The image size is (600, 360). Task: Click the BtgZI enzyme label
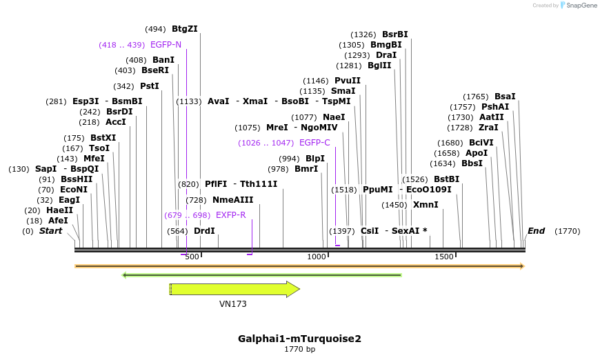tap(184, 29)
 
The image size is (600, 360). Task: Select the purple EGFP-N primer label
tap(166, 45)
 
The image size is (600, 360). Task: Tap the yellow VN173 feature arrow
tap(234, 289)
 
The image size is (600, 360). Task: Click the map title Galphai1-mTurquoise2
tap(299, 339)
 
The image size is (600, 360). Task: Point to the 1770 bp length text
tap(299, 350)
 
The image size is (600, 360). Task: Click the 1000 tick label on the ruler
tap(317, 257)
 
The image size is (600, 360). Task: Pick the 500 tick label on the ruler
tap(192, 257)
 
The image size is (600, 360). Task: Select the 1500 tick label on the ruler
tap(444, 257)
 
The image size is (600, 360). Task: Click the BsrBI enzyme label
tap(394, 34)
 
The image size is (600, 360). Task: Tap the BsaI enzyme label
tap(505, 97)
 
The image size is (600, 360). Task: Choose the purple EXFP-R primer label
tap(230, 215)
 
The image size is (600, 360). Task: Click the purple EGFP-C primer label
tap(314, 143)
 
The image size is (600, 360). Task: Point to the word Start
tap(50, 231)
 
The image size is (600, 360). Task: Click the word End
tap(536, 231)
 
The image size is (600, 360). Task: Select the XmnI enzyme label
tap(426, 205)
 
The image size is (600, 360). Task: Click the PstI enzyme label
tap(149, 86)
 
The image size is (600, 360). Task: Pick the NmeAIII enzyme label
tap(232, 200)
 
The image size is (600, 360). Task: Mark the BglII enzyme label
tap(379, 66)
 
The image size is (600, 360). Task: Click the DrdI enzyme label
tap(204, 231)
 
